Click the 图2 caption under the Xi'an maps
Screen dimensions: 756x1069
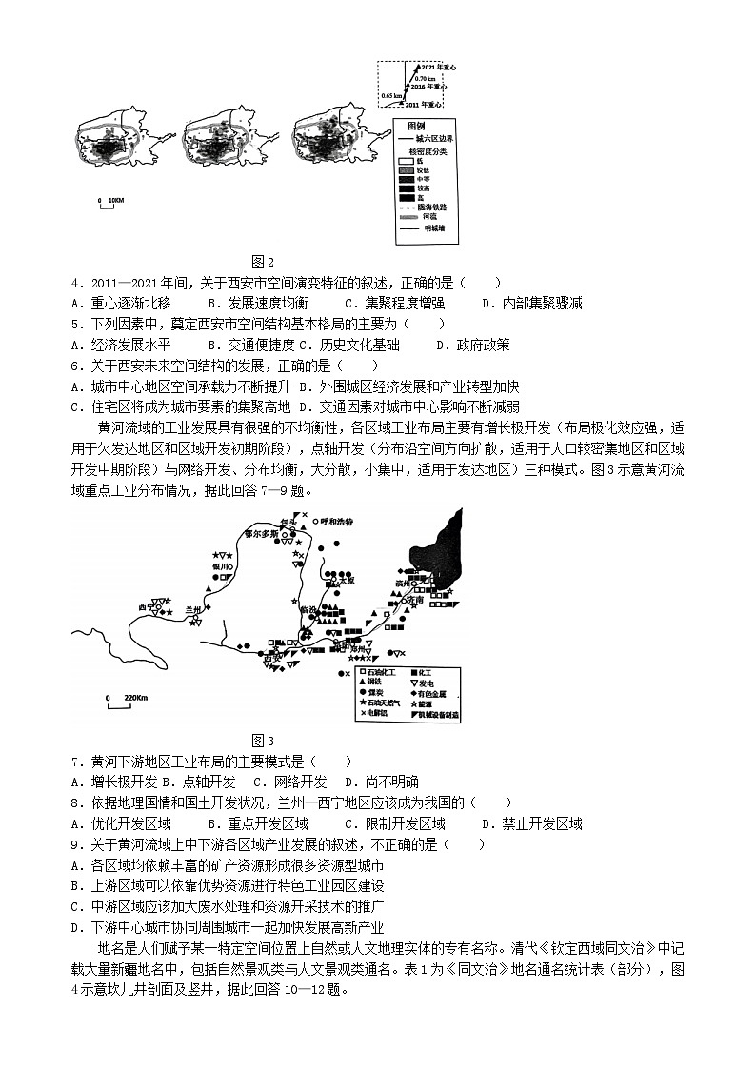click(x=262, y=262)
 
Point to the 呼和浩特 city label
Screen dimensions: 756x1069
click(x=335, y=522)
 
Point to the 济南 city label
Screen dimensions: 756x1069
click(x=413, y=601)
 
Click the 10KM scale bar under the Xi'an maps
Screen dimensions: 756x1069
click(x=110, y=201)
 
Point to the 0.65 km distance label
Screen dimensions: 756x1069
click(x=391, y=96)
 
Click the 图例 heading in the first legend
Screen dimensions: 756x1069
click(x=416, y=126)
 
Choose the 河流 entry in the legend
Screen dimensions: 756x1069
click(x=431, y=217)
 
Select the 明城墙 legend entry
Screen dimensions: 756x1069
click(x=433, y=228)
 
